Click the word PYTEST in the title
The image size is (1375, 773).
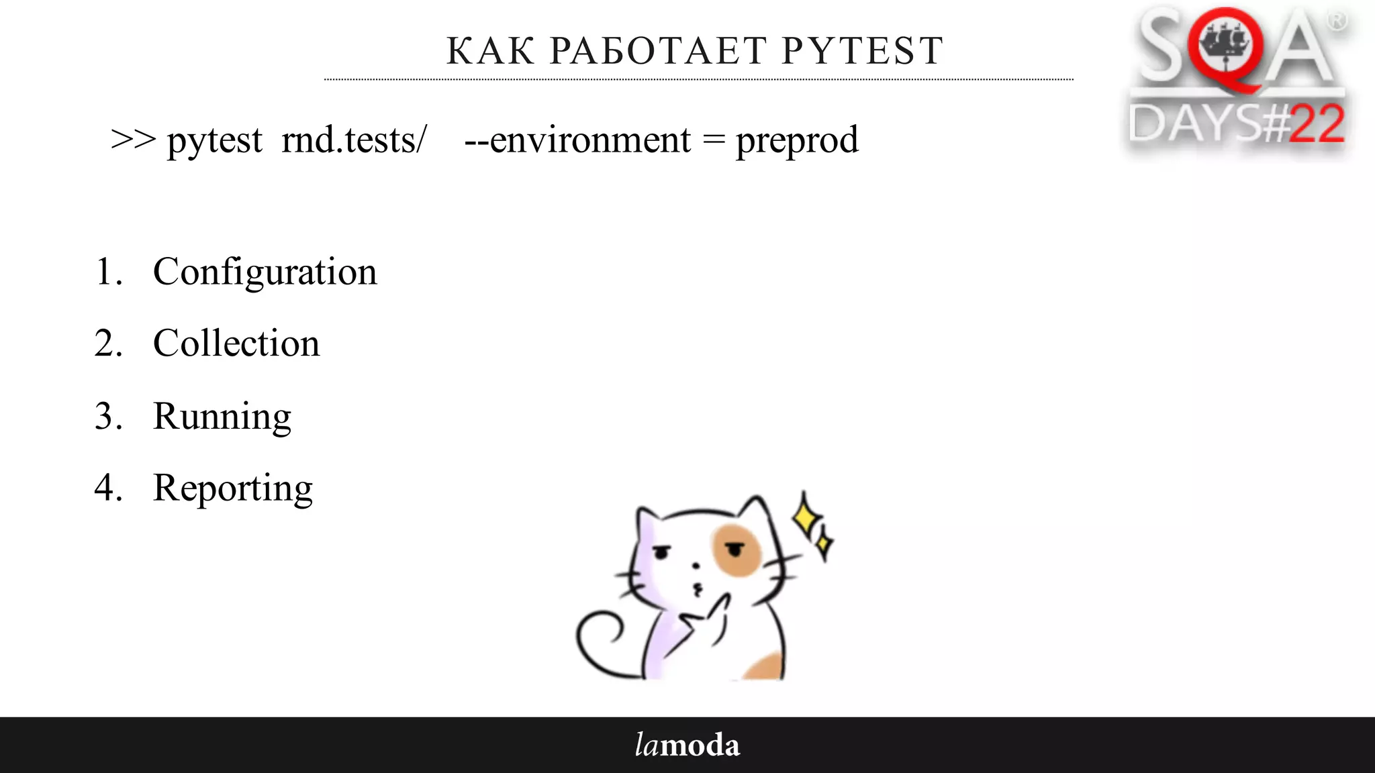[863, 51]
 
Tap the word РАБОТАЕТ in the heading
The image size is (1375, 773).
[658, 51]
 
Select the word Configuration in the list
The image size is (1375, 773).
[265, 272]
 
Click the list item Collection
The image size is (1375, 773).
[236, 344]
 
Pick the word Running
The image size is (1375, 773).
[222, 417]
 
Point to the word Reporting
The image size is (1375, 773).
[232, 488]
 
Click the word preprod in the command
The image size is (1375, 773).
[797, 141]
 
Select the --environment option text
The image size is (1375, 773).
[577, 140]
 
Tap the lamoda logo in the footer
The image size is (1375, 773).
[687, 745]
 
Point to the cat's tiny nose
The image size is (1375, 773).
[696, 566]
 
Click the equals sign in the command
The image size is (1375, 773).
[714, 140]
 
